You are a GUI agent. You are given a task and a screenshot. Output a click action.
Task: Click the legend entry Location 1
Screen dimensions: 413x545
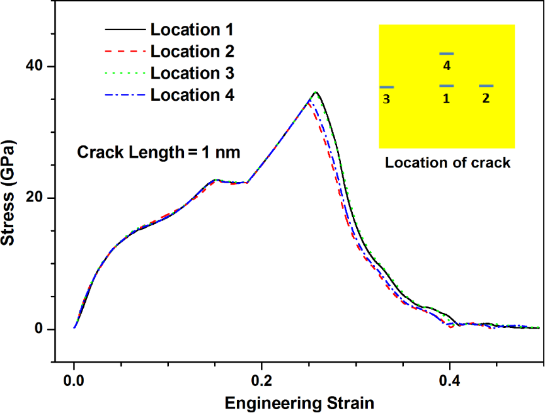tap(192, 29)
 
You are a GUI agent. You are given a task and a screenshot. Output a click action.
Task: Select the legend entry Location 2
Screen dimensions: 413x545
tap(192, 51)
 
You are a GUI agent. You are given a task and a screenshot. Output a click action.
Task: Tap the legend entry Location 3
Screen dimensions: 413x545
tap(192, 73)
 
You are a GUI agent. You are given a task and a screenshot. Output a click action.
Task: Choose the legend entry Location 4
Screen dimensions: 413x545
tap(192, 95)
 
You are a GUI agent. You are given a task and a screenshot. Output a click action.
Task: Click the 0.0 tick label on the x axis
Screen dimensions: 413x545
tap(74, 381)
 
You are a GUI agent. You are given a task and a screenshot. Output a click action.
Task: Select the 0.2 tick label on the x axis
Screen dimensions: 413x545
tap(261, 381)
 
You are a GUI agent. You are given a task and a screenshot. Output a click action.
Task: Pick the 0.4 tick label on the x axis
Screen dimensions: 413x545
tap(449, 381)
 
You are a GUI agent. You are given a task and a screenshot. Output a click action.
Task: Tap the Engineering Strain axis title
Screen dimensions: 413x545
tap(299, 402)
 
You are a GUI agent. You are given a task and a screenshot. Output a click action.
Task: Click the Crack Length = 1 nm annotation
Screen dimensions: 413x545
tap(159, 152)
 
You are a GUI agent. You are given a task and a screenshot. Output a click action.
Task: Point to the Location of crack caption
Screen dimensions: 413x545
tap(447, 162)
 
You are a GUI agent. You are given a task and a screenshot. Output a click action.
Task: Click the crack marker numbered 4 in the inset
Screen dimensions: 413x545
tap(446, 54)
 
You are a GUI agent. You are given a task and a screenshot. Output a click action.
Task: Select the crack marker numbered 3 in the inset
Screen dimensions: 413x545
tap(387, 87)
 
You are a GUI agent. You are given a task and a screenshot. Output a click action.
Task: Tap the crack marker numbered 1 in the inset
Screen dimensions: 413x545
tap(446, 86)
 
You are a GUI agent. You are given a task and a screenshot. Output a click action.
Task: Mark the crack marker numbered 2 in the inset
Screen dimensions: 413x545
tap(486, 86)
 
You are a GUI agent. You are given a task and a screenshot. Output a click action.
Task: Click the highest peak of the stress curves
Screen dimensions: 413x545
tap(316, 93)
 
